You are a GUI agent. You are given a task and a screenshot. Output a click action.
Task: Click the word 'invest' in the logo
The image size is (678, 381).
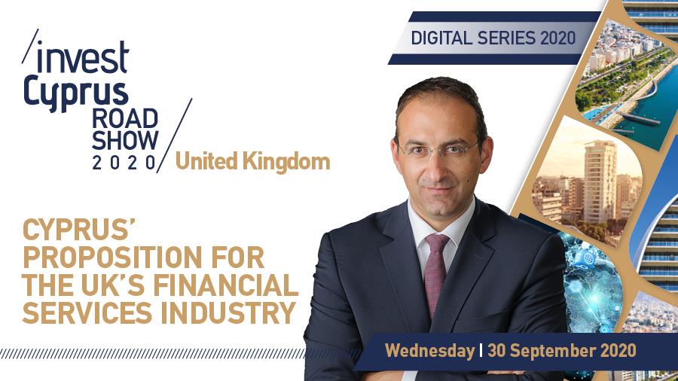[83, 57]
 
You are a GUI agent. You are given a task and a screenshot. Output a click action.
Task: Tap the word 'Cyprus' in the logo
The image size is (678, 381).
[76, 93]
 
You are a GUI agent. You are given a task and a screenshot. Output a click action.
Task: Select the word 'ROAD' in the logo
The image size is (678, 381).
[125, 119]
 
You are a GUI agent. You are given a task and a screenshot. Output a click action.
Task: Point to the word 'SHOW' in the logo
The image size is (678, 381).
[125, 140]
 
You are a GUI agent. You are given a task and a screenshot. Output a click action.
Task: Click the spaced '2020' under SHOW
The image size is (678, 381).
[124, 163]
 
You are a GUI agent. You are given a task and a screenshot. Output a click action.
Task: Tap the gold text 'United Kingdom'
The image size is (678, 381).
[252, 162]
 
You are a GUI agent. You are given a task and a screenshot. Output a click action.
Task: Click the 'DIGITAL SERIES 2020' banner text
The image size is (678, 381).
[493, 38]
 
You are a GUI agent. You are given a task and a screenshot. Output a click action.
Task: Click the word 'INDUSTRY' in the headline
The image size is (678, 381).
[228, 312]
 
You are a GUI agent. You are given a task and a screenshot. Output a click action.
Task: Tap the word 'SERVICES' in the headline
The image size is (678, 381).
[87, 312]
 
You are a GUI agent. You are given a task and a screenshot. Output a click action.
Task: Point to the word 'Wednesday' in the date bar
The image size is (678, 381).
[430, 350]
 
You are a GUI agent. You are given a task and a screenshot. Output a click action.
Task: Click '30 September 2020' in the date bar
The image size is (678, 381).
[562, 350]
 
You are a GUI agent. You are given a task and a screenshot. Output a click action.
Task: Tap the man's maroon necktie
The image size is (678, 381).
[436, 272]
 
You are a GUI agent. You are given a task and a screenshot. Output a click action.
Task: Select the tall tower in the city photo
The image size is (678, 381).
[600, 181]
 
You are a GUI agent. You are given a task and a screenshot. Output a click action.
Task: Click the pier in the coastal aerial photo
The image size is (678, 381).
[639, 118]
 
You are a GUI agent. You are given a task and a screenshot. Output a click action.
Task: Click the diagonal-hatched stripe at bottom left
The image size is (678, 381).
[152, 354]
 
